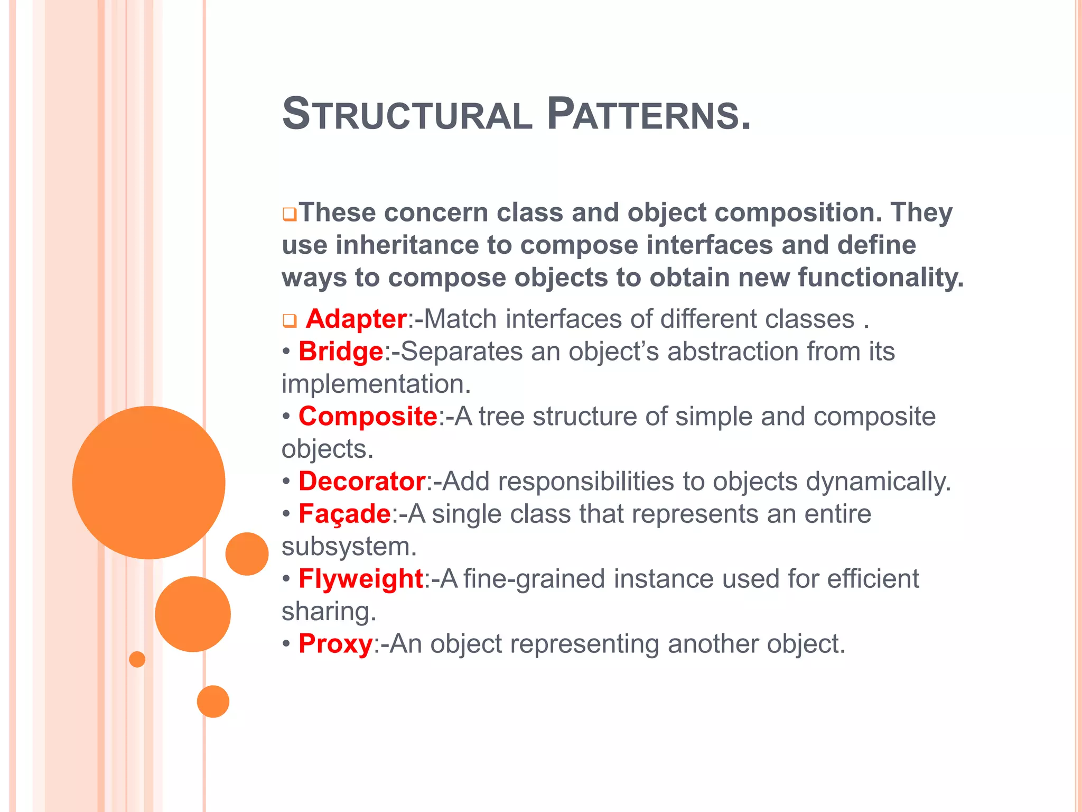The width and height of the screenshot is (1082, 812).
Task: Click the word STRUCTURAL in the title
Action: point(407,115)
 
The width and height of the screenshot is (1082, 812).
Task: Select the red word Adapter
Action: point(356,319)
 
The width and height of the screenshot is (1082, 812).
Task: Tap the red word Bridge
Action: point(341,352)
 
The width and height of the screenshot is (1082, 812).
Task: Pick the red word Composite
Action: point(368,417)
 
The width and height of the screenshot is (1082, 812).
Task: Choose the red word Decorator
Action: point(362,482)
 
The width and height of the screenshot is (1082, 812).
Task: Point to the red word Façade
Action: point(344,514)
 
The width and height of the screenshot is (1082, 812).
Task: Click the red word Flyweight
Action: point(361,579)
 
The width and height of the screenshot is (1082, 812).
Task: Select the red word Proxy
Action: point(335,644)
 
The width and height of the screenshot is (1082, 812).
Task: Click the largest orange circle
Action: point(149,483)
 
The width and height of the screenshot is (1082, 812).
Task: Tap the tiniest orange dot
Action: point(137,659)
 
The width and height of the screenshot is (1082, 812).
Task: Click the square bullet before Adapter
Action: point(290,321)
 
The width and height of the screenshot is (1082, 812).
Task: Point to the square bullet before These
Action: point(290,215)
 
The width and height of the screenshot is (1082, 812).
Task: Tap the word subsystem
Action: point(349,547)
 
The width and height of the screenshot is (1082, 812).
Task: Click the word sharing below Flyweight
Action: point(328,612)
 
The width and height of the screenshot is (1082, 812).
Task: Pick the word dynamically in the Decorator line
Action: point(878,482)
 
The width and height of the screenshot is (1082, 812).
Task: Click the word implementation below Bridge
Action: point(376,384)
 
